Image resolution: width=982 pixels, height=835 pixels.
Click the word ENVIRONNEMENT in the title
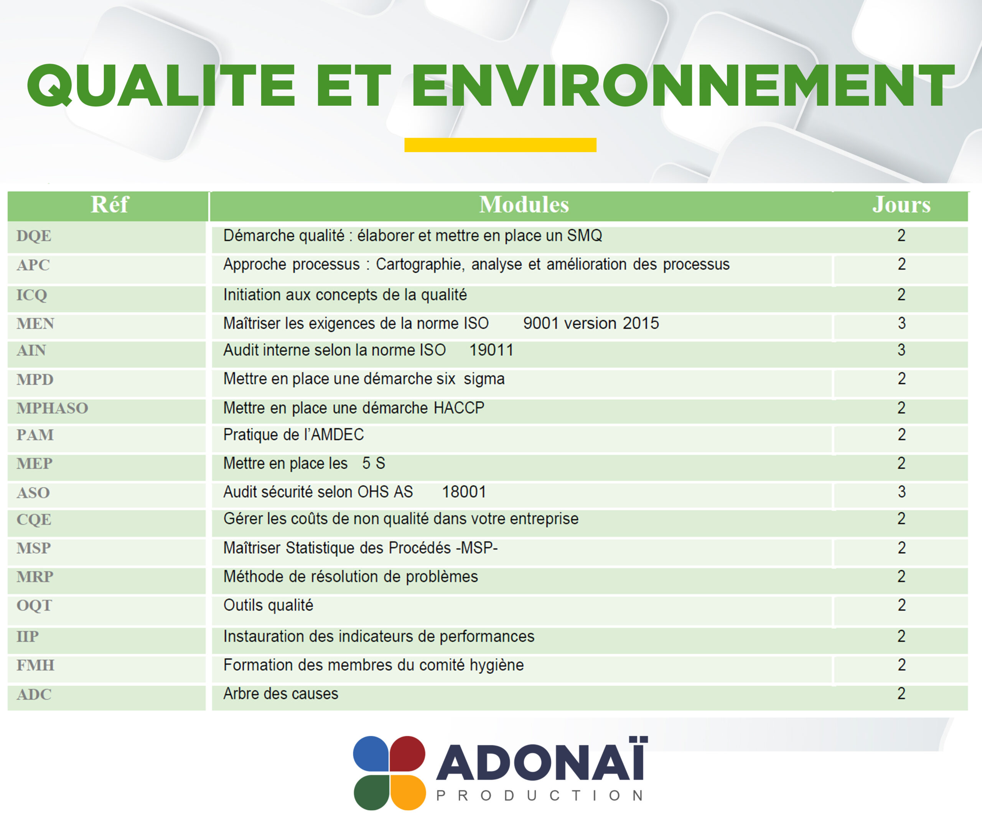click(683, 86)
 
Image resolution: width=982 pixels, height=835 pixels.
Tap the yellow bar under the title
click(500, 145)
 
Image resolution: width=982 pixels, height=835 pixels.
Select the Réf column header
click(109, 205)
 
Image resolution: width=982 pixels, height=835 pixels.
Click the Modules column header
click(524, 205)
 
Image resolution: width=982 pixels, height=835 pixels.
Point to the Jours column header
click(901, 205)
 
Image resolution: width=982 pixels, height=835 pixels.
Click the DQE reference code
click(34, 236)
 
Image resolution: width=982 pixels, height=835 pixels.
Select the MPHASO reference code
click(52, 408)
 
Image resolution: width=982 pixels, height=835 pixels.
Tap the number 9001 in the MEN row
click(540, 323)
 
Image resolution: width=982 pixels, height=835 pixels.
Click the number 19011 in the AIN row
click(491, 350)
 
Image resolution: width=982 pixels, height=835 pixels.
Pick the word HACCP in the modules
click(459, 408)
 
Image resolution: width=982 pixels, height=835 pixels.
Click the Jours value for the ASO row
click(901, 492)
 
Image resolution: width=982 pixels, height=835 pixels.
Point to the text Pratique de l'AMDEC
click(294, 435)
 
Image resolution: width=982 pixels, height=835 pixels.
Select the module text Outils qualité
click(268, 605)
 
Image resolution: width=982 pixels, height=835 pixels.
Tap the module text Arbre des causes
click(281, 694)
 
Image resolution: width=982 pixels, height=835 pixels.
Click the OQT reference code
click(34, 605)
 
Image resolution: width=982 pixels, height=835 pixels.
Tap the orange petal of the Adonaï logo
click(407, 792)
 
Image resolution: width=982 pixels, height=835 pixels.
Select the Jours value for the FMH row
click(901, 665)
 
